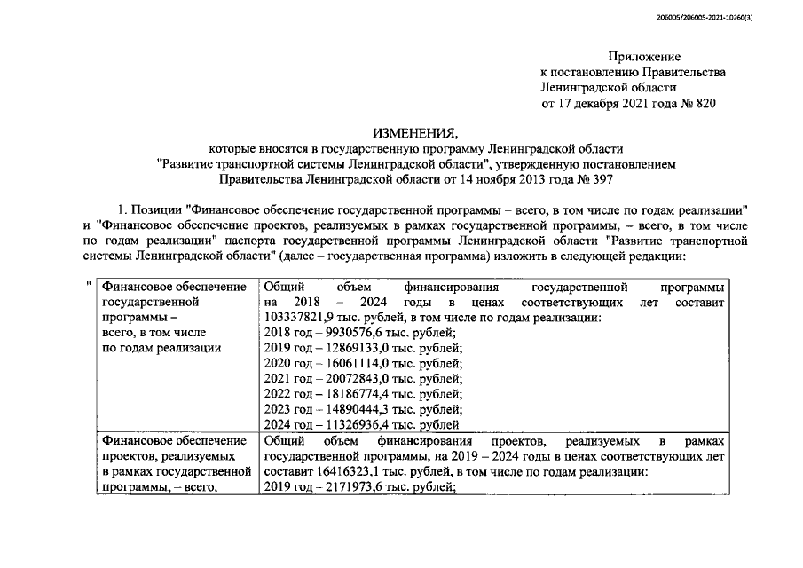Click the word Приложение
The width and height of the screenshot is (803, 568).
tap(643, 56)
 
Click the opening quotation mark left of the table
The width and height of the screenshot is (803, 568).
tap(89, 286)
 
